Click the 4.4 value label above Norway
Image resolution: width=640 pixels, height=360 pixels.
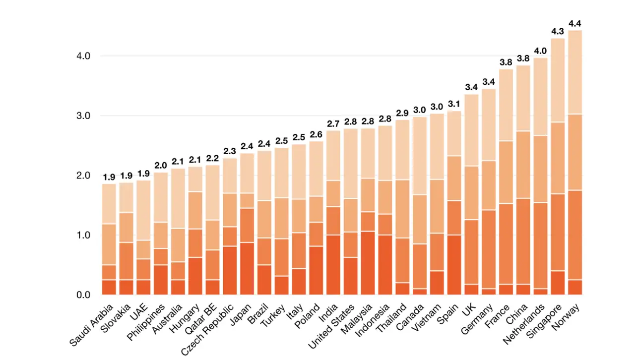point(575,23)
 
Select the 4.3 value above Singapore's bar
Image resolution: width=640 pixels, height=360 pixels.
point(558,31)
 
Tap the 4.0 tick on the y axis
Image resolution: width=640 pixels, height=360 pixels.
point(83,56)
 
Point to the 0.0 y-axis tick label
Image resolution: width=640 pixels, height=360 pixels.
point(83,295)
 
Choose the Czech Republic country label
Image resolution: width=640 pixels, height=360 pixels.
point(209,329)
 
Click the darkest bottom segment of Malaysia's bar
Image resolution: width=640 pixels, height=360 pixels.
point(368,263)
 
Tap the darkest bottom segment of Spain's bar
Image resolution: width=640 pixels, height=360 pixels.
point(454,265)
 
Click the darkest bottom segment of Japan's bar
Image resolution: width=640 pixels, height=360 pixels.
point(247,268)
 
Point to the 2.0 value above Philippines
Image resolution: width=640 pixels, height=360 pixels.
point(161,166)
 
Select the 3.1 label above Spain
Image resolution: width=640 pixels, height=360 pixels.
point(454,104)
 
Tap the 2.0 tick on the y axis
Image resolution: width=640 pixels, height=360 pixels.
point(83,176)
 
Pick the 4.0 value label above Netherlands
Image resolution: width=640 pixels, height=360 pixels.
point(540,51)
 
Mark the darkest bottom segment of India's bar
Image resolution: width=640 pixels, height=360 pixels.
point(333,265)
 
